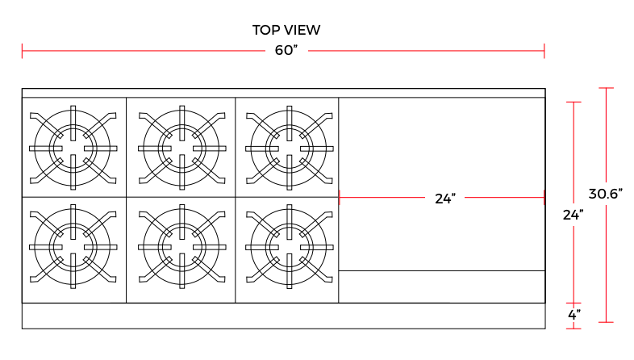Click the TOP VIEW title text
tap(286, 31)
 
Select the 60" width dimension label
tap(286, 51)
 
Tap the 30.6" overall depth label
tap(606, 194)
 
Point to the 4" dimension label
tap(574, 315)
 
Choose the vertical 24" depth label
tap(574, 215)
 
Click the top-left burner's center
tap(73, 148)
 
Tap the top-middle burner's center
tap(182, 148)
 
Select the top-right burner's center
tap(289, 148)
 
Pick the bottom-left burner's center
tap(73, 246)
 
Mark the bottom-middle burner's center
tap(182, 246)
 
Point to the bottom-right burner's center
tap(289, 246)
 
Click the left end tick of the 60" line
tap(23, 51)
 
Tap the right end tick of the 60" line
tap(544, 51)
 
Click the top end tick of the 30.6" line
tap(606, 88)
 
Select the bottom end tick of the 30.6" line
tap(606, 322)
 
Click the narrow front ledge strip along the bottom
tap(282, 316)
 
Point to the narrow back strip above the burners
tap(282, 93)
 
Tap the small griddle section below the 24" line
tap(441, 287)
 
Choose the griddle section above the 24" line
tap(441, 145)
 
